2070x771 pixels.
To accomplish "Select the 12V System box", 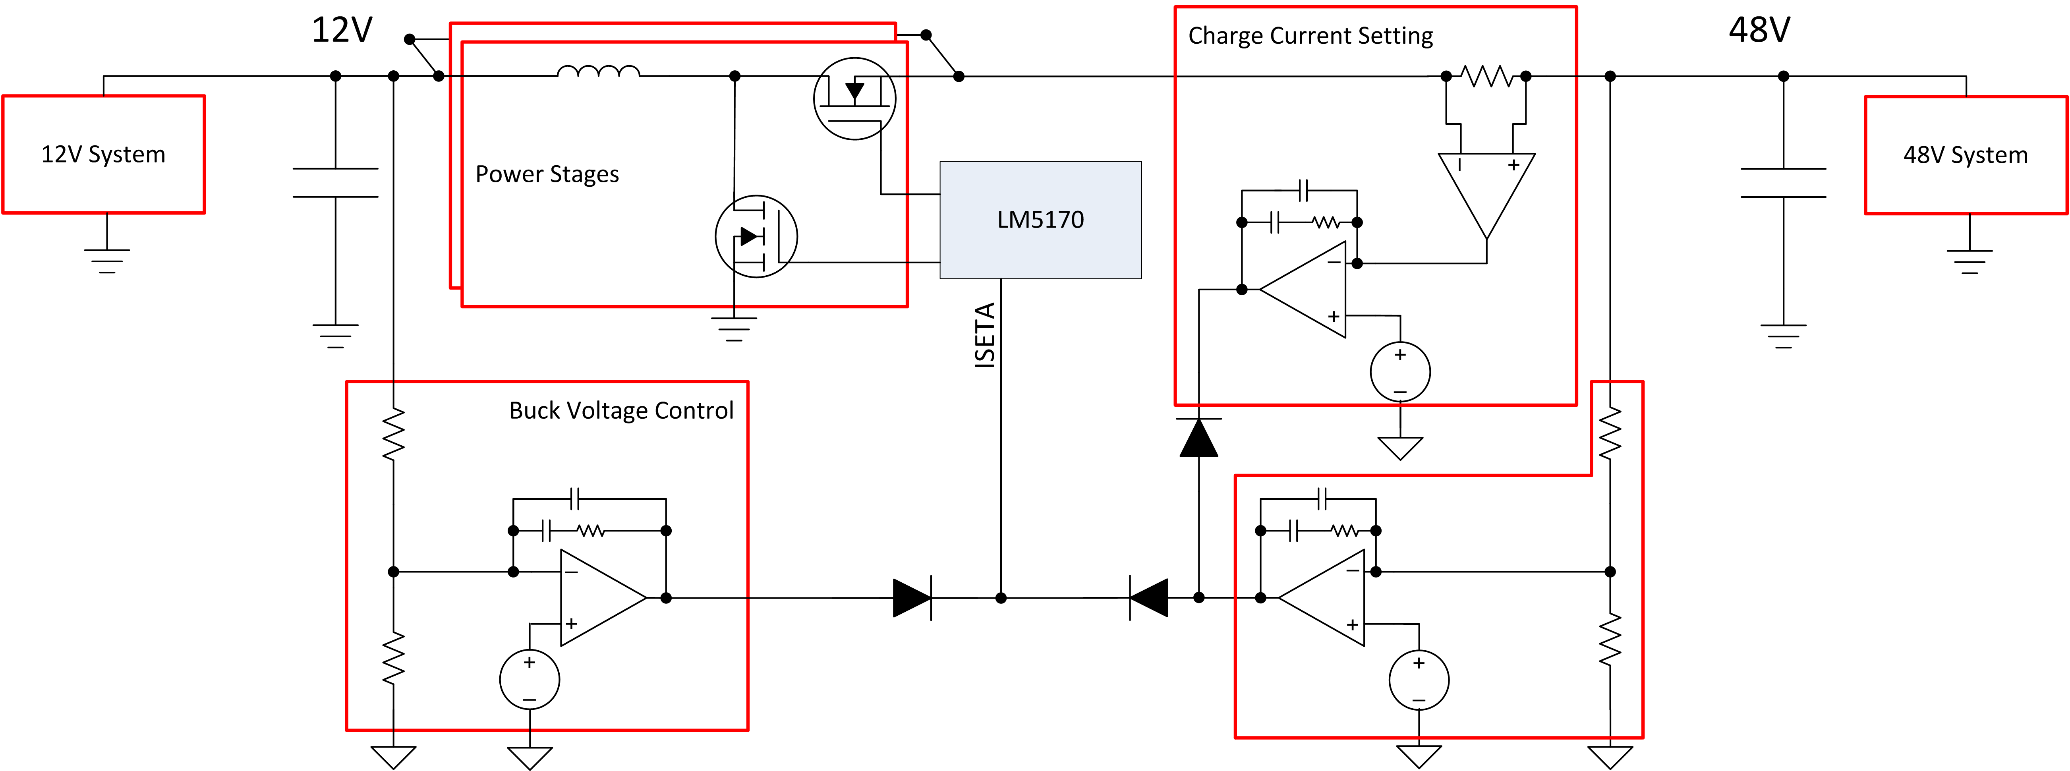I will pos(104,154).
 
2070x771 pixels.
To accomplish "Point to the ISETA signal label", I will pos(985,336).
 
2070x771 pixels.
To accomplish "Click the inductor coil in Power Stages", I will pos(599,72).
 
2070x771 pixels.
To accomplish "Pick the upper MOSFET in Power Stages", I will pos(854,98).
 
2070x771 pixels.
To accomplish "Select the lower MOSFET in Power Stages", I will pos(756,236).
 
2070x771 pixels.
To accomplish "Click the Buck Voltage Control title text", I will pos(621,410).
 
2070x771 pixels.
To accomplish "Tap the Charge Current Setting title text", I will pos(1310,36).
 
